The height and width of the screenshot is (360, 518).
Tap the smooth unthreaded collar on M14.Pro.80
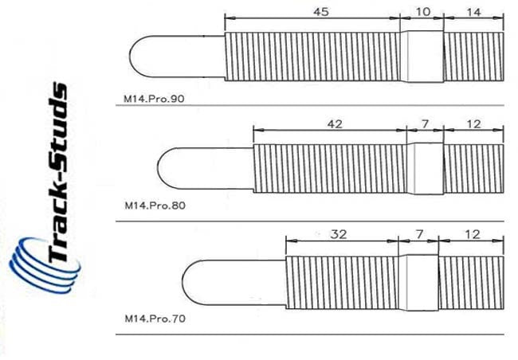(424, 167)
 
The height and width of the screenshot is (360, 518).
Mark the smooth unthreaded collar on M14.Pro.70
(418, 278)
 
